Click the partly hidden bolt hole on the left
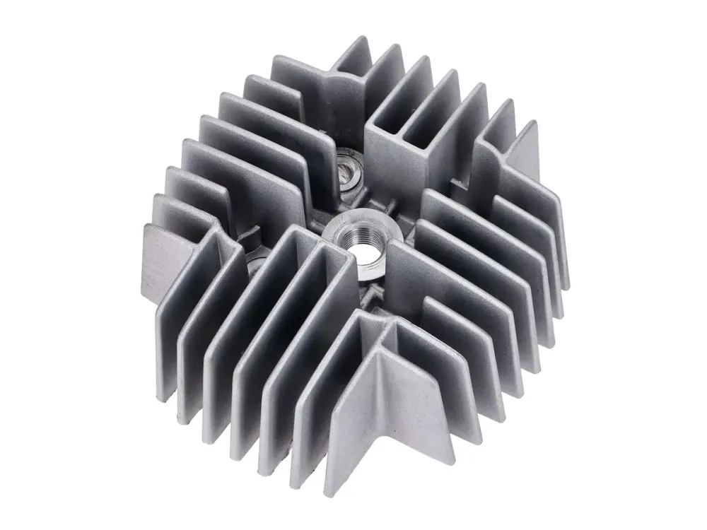(x=255, y=262)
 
